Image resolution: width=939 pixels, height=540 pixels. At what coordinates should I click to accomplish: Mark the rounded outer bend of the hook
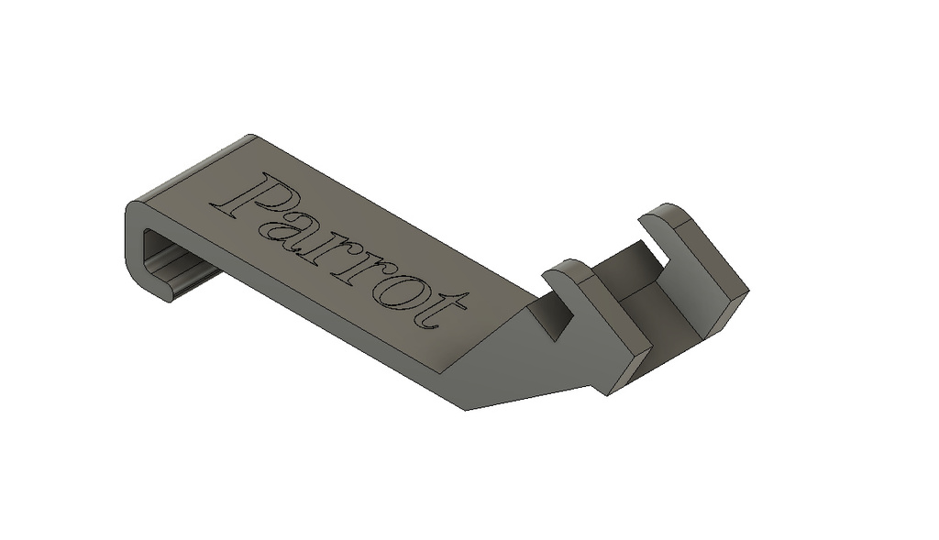pyautogui.click(x=132, y=239)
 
